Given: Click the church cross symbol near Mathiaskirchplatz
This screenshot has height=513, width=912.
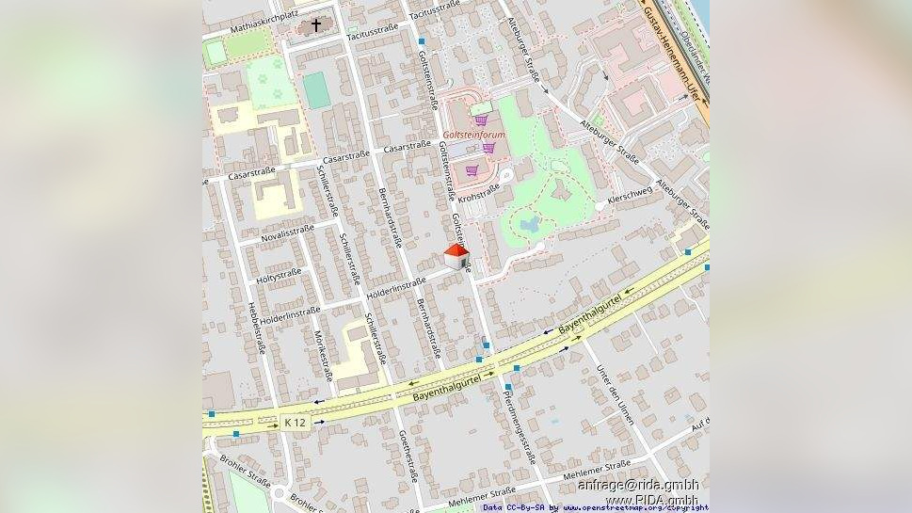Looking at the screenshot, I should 316,25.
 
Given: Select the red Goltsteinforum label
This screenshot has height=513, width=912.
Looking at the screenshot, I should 473,136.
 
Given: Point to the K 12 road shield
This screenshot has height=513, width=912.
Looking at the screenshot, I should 296,423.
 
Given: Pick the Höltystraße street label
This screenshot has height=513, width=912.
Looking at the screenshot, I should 279,275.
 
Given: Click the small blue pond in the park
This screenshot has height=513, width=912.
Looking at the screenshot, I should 530,224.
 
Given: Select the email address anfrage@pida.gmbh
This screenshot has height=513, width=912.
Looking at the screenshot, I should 638,486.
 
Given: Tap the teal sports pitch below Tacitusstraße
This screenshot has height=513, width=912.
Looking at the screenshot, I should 316,89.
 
